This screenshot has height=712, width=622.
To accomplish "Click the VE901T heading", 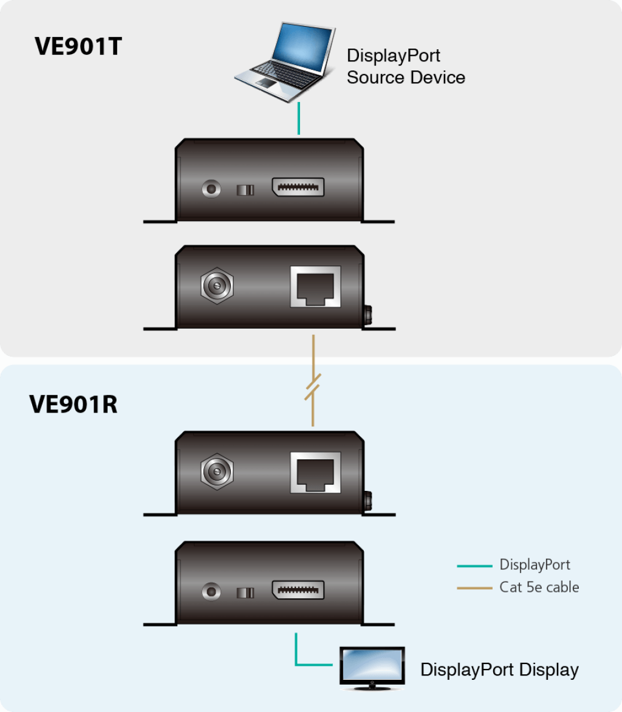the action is [78, 46].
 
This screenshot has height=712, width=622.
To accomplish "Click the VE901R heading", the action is [73, 404].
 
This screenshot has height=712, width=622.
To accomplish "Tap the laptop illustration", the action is [285, 62].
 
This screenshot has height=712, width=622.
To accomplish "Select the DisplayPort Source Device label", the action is [406, 66].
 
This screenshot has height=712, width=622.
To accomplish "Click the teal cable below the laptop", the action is [299, 118].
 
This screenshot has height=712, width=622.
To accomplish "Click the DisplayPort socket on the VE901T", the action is [298, 187].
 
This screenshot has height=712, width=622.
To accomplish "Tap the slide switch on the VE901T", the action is [245, 190].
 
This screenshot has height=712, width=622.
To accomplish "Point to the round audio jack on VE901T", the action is [211, 189].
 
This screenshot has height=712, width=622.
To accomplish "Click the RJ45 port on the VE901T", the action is [315, 287].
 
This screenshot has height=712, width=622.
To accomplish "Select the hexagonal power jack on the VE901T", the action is [217, 286].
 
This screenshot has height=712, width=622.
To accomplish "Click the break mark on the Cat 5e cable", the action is [313, 387].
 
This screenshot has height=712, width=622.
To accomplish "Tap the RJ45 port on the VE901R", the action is [315, 473].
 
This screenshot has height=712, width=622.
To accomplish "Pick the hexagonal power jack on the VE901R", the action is [217, 471].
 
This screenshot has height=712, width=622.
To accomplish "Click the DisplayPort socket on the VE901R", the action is [298, 590].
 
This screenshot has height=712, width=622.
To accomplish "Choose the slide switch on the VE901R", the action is [245, 592].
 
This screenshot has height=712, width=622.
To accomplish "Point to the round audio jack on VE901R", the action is [211, 592].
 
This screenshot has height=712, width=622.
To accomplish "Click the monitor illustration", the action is [372, 668].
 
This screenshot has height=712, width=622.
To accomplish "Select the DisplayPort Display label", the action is [499, 670].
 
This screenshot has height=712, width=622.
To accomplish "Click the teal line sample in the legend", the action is [474, 566].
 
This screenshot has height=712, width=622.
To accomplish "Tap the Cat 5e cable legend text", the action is [539, 587].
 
